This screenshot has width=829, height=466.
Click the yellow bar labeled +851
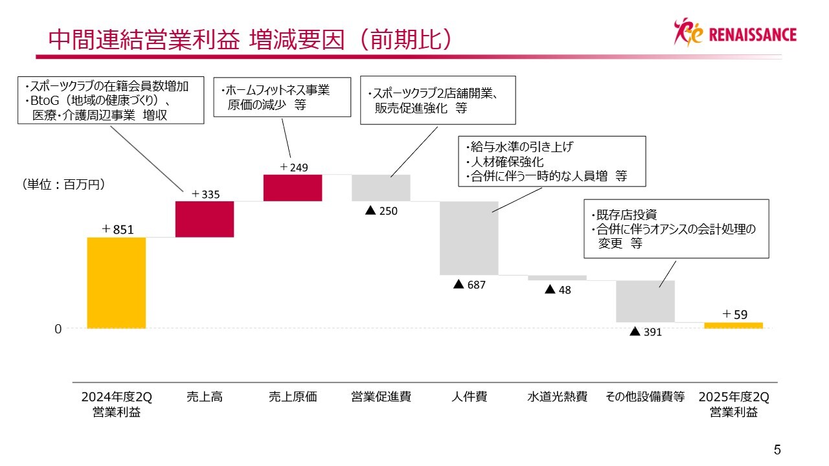click(117, 283)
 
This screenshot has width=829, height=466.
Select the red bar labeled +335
click(204, 219)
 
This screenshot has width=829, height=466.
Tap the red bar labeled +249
click(293, 188)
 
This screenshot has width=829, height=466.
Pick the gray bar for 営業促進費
click(381, 188)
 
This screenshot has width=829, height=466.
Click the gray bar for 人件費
click(469, 238)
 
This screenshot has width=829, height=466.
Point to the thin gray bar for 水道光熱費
click(557, 278)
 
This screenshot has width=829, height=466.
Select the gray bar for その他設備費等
click(645, 301)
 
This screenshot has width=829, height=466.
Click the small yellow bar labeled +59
click(733, 325)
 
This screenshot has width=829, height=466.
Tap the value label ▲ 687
click(469, 284)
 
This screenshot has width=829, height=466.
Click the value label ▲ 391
click(646, 332)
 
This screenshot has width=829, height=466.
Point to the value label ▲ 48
click(558, 290)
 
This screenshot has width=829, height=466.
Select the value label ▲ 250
click(381, 210)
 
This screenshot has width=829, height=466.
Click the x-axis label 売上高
click(204, 397)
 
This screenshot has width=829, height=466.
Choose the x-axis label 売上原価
click(293, 397)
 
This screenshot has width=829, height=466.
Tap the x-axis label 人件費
click(469, 397)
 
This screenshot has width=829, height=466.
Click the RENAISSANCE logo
click(735, 34)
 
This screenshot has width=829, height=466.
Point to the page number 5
click(777, 449)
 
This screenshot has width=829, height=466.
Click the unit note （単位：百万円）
click(63, 184)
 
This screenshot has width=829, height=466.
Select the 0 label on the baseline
click(58, 329)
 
